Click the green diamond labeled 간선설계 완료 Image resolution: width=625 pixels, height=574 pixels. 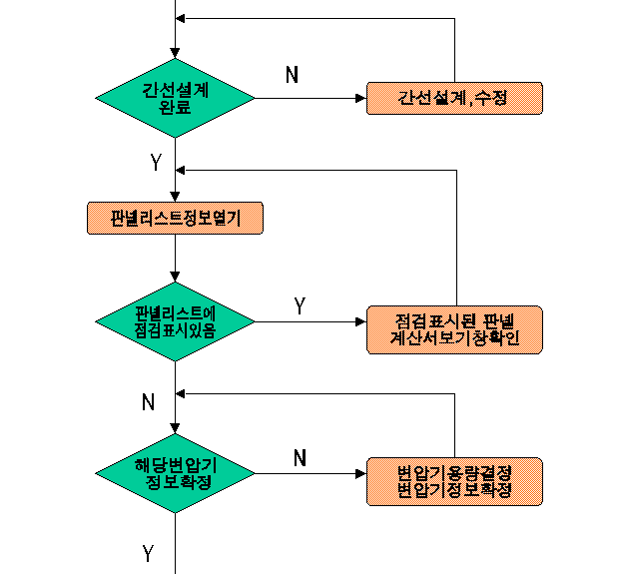click(x=175, y=98)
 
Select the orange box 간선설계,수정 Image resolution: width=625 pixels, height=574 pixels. click(x=454, y=98)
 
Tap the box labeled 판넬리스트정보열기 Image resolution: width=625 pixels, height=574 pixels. click(x=175, y=218)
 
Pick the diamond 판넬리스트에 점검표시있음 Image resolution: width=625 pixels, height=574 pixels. click(x=175, y=321)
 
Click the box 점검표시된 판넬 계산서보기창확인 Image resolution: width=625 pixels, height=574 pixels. click(x=454, y=329)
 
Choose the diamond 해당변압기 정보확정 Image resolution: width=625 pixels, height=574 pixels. click(x=175, y=473)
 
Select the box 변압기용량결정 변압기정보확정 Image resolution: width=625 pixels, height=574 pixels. click(x=454, y=481)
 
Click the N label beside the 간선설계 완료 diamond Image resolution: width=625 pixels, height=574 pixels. click(x=293, y=75)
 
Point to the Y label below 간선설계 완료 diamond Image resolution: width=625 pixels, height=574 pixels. click(x=156, y=163)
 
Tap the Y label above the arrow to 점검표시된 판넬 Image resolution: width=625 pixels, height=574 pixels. click(x=300, y=305)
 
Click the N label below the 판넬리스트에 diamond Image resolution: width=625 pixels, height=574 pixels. click(x=149, y=401)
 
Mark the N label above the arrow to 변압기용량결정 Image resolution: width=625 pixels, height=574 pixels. click(x=300, y=457)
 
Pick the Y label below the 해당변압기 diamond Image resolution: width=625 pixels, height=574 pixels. click(x=148, y=554)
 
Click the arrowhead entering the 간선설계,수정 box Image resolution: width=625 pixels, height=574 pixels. click(x=360, y=98)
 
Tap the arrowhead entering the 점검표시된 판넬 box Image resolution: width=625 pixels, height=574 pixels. click(x=360, y=321)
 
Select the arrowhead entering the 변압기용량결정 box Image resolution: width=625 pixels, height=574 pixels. click(x=360, y=473)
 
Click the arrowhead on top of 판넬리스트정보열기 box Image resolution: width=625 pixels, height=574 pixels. click(x=175, y=197)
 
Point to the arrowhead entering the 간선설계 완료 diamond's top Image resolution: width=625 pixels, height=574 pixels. click(x=175, y=54)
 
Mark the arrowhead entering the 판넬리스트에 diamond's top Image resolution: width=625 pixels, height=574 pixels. click(x=175, y=278)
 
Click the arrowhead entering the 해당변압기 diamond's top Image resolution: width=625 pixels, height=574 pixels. click(x=175, y=429)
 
